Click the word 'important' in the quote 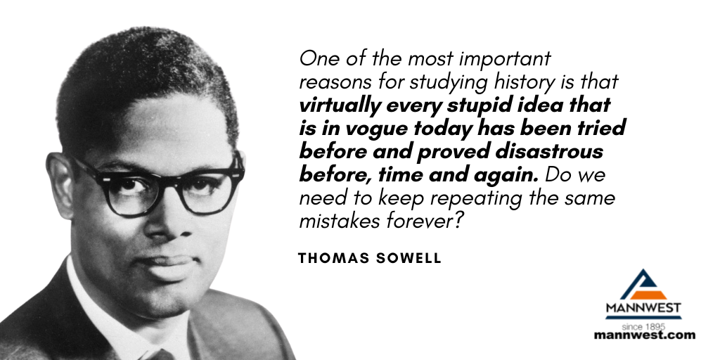click(505, 59)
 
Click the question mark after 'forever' click(461, 221)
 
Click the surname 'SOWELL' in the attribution click(409, 258)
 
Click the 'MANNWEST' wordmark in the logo click(643, 307)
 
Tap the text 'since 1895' click(643, 327)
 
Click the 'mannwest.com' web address click(644, 335)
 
